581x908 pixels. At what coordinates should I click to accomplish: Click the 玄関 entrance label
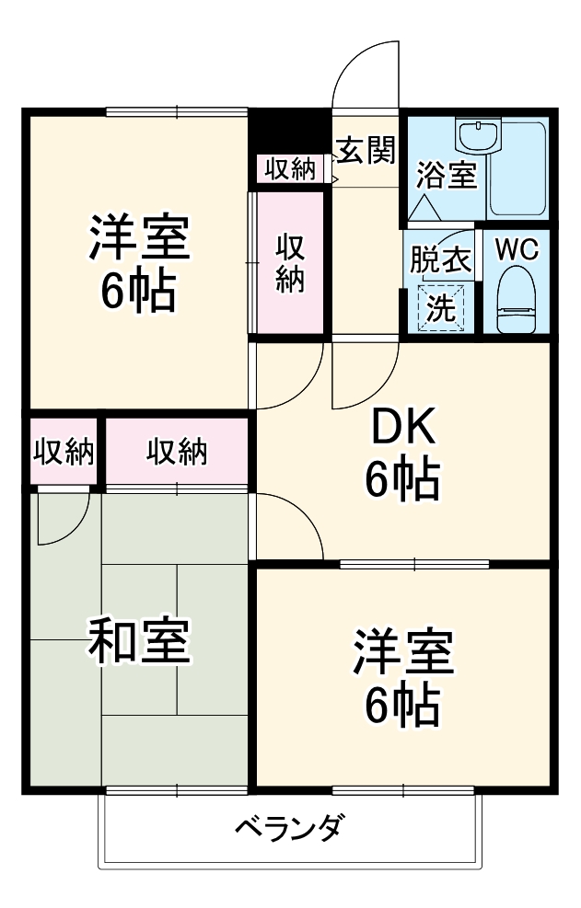click(x=366, y=151)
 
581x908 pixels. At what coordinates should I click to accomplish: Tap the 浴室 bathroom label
click(x=447, y=176)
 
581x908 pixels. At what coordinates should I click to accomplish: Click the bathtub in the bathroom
click(x=518, y=171)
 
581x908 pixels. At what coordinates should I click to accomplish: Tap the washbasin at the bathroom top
click(x=477, y=137)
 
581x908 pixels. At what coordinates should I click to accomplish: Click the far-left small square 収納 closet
click(x=64, y=452)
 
